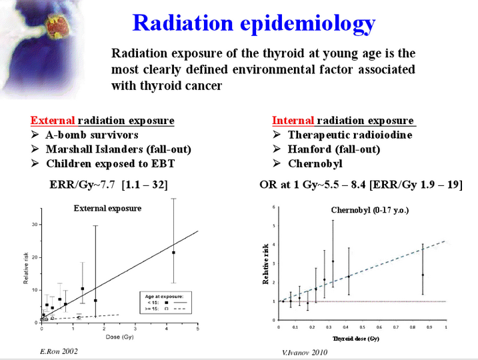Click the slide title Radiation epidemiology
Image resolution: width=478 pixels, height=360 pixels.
[x=253, y=23]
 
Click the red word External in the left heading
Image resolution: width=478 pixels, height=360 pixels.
[x=53, y=121]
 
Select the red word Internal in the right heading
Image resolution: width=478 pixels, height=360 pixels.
[x=293, y=121]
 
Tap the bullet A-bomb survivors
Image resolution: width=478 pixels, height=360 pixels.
[x=92, y=135]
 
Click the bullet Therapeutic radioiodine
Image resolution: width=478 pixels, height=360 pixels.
[x=350, y=135]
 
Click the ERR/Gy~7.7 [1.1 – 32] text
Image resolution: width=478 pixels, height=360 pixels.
[x=109, y=184]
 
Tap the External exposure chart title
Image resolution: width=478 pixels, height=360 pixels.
[x=107, y=208]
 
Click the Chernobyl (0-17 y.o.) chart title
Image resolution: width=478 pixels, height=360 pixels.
[x=370, y=211]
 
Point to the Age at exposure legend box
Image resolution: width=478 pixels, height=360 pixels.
[x=164, y=302]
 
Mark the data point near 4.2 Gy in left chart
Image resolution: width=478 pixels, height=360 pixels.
[x=173, y=253]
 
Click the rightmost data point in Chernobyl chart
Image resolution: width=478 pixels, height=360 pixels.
[x=423, y=275]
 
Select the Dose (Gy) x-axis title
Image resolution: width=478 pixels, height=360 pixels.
[x=119, y=337]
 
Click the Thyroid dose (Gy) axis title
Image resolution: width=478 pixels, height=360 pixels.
[x=357, y=339]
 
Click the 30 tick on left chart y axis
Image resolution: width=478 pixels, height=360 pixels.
[x=35, y=225]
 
